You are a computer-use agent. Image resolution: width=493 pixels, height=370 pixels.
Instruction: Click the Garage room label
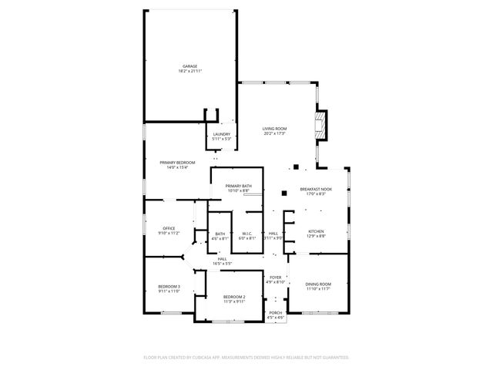click(x=189, y=66)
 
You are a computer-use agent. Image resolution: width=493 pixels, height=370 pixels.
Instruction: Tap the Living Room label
click(x=274, y=129)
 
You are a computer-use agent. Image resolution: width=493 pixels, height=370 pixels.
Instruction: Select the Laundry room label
click(x=222, y=133)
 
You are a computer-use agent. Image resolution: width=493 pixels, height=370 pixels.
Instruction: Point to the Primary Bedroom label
click(x=177, y=163)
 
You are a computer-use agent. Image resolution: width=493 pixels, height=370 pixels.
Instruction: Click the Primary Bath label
click(x=238, y=186)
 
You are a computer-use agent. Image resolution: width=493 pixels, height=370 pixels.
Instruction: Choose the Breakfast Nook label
click(x=316, y=189)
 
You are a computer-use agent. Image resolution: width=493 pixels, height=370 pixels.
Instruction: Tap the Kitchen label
click(x=317, y=231)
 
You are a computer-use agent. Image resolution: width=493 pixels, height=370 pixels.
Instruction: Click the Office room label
click(x=169, y=228)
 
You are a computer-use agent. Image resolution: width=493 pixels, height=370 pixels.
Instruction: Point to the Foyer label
click(x=276, y=277)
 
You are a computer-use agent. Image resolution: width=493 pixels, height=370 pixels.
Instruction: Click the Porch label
click(x=275, y=312)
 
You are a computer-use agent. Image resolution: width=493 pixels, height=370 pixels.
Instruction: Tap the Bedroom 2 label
click(x=234, y=297)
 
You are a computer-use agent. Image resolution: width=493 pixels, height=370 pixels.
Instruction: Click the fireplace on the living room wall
click(x=320, y=123)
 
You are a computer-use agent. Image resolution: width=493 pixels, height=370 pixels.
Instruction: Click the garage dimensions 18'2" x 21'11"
click(x=189, y=71)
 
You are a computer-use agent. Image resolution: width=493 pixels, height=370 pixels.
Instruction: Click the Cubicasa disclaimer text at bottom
click(x=246, y=357)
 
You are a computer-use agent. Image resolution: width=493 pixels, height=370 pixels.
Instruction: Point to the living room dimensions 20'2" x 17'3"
click(x=274, y=133)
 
